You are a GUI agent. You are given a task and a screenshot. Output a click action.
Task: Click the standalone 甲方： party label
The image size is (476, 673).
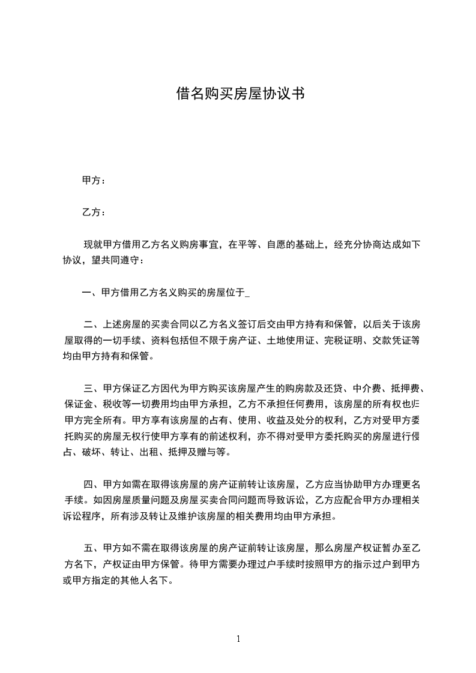[x=94, y=181]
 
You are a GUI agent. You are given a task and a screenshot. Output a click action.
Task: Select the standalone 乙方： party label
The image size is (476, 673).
[x=94, y=212]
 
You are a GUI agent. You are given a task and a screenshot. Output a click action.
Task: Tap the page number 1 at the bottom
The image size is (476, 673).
[x=238, y=639]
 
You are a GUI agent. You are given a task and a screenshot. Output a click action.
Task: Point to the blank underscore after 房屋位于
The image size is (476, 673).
[x=248, y=293]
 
